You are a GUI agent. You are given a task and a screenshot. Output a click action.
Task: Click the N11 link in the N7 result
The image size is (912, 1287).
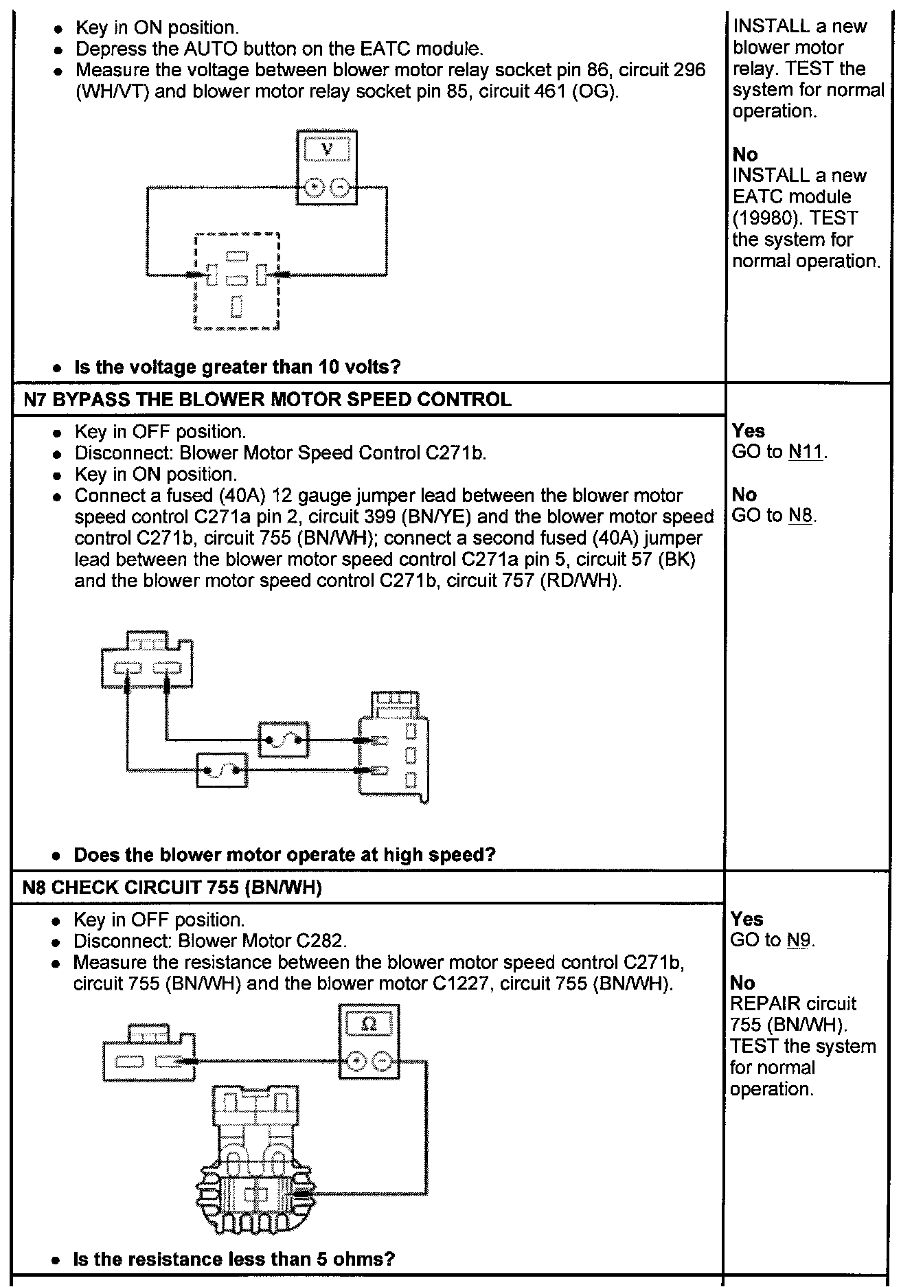tap(806, 453)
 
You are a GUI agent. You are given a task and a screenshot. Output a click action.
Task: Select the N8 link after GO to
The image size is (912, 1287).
tap(800, 516)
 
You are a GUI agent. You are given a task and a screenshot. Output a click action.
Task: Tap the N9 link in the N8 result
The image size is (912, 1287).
tap(799, 940)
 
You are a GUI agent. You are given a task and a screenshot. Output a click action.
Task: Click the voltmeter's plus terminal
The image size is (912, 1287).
tap(315, 187)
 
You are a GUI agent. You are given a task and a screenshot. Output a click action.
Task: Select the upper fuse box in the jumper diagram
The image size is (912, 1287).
tap(284, 740)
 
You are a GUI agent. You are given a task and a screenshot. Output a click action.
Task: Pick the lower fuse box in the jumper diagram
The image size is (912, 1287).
tap(223, 769)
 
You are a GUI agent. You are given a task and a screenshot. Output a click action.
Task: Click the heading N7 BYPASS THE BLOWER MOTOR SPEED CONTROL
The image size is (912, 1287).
tap(268, 400)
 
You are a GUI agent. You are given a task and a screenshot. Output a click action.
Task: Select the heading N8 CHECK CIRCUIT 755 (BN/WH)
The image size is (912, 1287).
tap(172, 888)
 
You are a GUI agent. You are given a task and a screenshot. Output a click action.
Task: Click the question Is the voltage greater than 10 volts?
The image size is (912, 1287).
tap(237, 367)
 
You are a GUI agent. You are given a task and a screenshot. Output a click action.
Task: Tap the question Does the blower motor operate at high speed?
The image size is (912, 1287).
tap(284, 855)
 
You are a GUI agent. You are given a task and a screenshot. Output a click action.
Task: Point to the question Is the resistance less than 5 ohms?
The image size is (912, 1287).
tap(233, 1259)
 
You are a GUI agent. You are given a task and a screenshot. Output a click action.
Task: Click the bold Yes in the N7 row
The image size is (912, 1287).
tap(748, 431)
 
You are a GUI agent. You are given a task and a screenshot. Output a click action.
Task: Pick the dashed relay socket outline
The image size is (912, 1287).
tap(237, 282)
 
